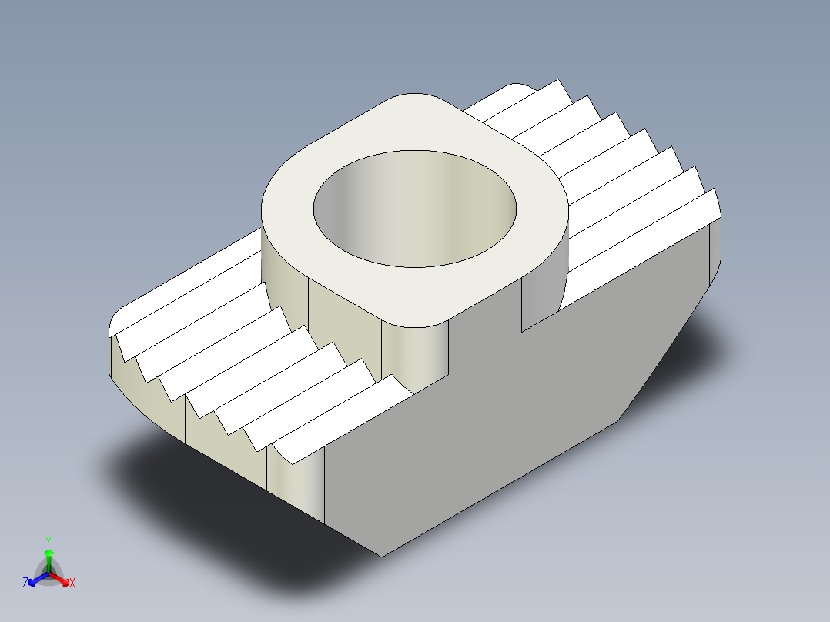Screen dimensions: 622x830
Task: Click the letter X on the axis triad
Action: pyautogui.click(x=72, y=584)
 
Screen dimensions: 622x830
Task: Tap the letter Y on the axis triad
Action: pyautogui.click(x=49, y=540)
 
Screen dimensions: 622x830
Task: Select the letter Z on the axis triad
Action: pyautogui.click(x=25, y=584)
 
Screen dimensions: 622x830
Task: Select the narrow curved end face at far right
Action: pyautogui.click(x=715, y=246)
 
